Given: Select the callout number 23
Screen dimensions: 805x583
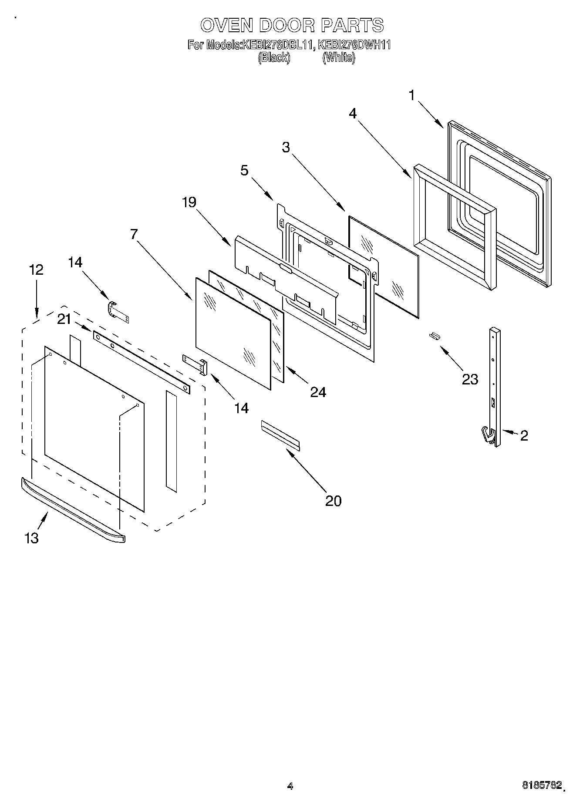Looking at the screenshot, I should pyautogui.click(x=470, y=379).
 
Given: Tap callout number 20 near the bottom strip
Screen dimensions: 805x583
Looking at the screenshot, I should pyautogui.click(x=333, y=501).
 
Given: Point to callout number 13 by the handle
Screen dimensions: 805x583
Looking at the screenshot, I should pyautogui.click(x=31, y=538).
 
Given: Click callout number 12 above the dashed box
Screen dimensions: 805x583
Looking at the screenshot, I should pyautogui.click(x=36, y=270).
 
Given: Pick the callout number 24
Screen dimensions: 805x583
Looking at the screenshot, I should pyautogui.click(x=318, y=392).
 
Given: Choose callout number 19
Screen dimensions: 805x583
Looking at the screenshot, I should pyautogui.click(x=189, y=202).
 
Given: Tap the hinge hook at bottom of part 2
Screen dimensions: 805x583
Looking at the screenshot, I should pyautogui.click(x=488, y=435).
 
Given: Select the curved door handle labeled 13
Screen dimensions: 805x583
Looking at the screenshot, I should pyautogui.click(x=72, y=509).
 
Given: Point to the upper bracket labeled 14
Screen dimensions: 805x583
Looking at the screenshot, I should pyautogui.click(x=118, y=312).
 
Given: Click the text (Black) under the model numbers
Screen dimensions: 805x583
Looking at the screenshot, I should pyautogui.click(x=273, y=57).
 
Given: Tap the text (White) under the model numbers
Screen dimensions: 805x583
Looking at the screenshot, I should pyautogui.click(x=338, y=57).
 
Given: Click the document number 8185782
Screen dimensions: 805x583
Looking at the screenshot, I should pyautogui.click(x=542, y=786).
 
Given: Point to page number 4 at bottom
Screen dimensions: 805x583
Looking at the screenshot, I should pyautogui.click(x=290, y=786).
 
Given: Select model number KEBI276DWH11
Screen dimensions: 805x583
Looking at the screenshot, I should pyautogui.click(x=354, y=45).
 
